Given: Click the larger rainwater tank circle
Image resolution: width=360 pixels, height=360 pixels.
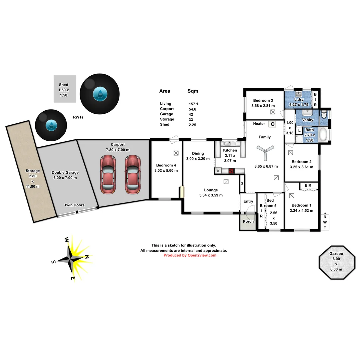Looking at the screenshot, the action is pyautogui.click(x=100, y=93).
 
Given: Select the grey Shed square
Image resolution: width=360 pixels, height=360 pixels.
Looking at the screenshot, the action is pyautogui.click(x=65, y=89).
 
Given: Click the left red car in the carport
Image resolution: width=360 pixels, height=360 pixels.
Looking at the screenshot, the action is pyautogui.click(x=108, y=174).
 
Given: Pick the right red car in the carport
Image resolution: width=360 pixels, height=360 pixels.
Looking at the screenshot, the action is pyautogui.click(x=132, y=174).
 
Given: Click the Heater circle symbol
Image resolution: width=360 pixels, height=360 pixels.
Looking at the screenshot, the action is pyautogui.click(x=273, y=124).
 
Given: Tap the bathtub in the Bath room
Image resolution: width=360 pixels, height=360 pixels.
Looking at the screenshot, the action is pyautogui.click(x=323, y=135).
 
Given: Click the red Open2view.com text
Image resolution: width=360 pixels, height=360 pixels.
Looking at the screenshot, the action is pyautogui.click(x=190, y=255).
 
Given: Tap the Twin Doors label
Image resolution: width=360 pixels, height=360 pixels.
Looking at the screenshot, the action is pyautogui.click(x=74, y=205).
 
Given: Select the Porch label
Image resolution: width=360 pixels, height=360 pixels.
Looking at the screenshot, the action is pyautogui.click(x=248, y=221).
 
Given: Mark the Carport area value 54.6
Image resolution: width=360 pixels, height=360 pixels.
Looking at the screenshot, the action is pyautogui.click(x=193, y=109).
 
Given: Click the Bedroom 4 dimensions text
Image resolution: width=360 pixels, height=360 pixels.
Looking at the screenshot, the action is pyautogui.click(x=166, y=170).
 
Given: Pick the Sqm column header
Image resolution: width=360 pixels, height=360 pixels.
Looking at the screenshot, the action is pyautogui.click(x=193, y=91).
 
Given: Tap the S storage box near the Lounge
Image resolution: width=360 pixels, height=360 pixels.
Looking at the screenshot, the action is pyautogui.click(x=242, y=183).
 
